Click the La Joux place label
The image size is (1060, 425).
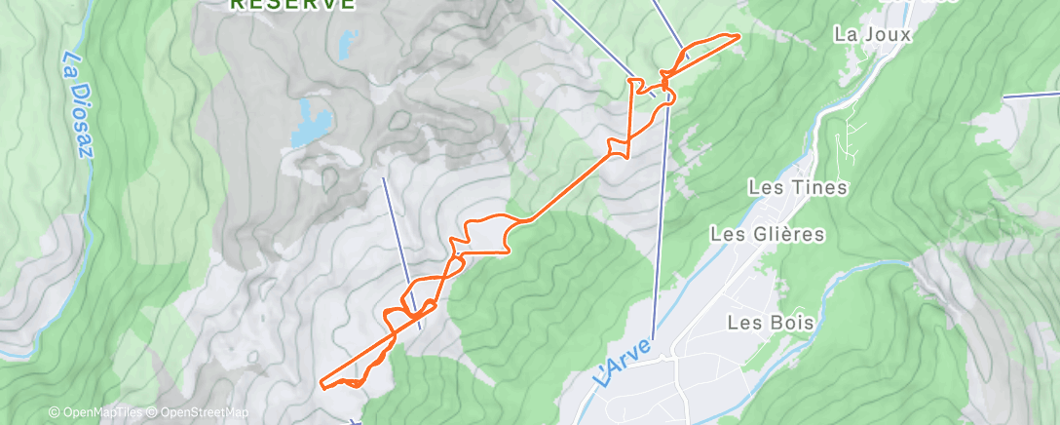click(872, 34)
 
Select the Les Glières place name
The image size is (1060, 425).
click(768, 234)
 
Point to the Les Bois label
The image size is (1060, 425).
click(764, 322)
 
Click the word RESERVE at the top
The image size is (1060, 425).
click(291, 4)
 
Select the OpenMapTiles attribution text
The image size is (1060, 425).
click(98, 412)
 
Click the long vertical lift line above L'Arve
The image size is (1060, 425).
click(662, 224)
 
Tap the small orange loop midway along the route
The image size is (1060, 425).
click(618, 148)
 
